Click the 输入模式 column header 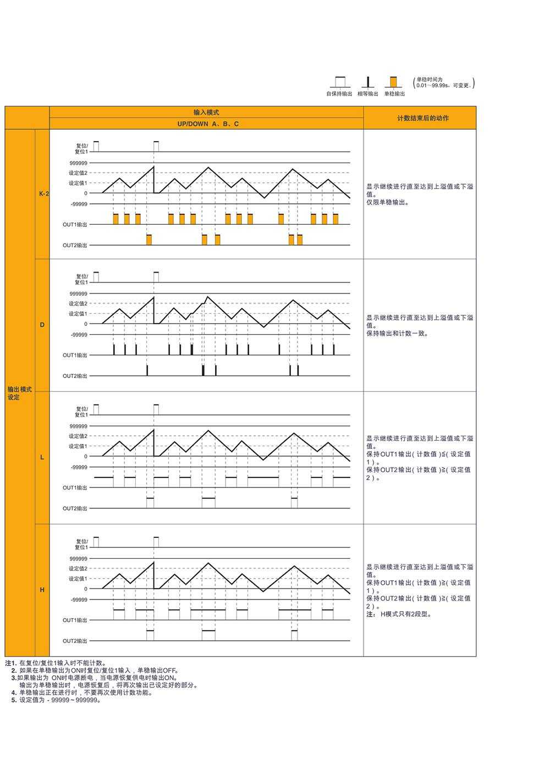point(206,112)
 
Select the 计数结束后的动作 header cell point(422,118)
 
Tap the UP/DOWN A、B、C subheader point(207,124)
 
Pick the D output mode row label point(42,325)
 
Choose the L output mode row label point(42,457)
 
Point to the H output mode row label point(42,590)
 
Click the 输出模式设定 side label point(20,393)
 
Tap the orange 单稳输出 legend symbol point(393,82)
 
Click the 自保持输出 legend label point(339,94)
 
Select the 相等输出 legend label point(367,94)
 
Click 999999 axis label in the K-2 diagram point(78,163)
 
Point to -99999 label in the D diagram point(79,335)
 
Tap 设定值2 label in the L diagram point(78,436)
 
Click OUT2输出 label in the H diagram point(75,641)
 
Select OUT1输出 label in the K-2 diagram point(75,224)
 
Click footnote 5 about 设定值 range point(55,700)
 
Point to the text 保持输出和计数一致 point(397,334)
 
